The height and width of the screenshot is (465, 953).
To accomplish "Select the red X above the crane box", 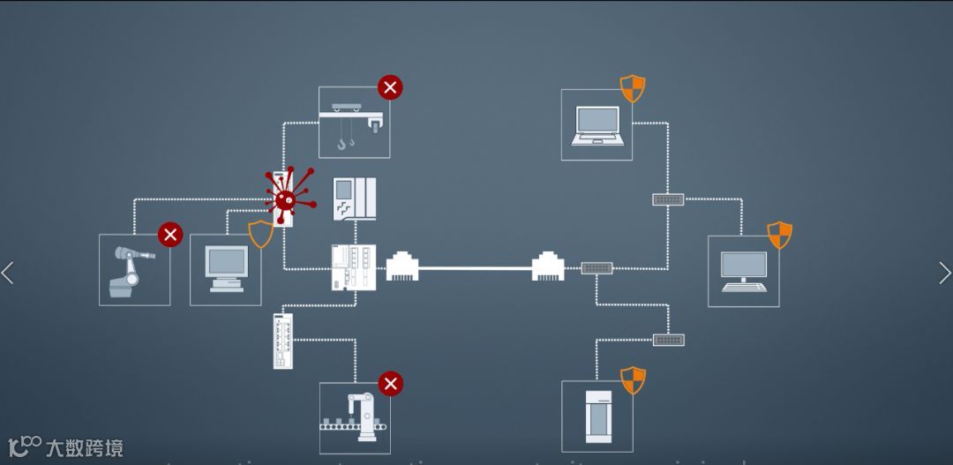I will (x=390, y=87).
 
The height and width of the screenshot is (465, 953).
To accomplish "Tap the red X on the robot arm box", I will (x=170, y=235).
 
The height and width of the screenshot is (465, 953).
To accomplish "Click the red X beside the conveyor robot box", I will (x=390, y=384).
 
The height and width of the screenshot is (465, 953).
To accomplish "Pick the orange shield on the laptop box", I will (x=633, y=88).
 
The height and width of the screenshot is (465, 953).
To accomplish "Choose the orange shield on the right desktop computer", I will (x=779, y=235).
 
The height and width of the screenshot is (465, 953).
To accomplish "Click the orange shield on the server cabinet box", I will (x=633, y=380).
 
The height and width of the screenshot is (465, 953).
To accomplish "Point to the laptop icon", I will (x=597, y=125).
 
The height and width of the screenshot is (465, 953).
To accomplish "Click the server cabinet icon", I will (x=598, y=416).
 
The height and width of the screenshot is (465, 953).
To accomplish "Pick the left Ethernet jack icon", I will (x=401, y=266).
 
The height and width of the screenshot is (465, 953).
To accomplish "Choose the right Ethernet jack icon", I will (x=548, y=266).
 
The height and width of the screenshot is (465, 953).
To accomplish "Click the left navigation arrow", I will (x=8, y=273).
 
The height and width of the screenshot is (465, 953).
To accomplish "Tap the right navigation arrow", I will (x=944, y=273).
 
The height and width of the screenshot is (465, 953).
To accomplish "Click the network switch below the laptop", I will (x=668, y=199).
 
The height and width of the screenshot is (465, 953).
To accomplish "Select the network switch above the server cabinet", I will (x=668, y=340).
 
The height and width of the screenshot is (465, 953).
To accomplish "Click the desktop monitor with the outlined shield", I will (x=226, y=268).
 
